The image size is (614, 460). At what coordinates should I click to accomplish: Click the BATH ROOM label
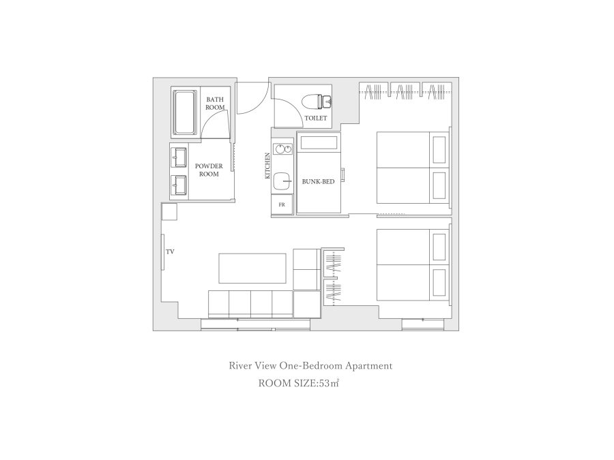click(215, 104)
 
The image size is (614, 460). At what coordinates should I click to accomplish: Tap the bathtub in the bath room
click(185, 112)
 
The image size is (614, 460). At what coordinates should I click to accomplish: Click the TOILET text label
click(316, 118)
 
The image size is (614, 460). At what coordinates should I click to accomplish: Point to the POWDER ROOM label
click(209, 170)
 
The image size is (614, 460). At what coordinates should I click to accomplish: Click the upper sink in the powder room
click(179, 157)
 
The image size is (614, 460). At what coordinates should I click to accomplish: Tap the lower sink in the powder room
click(179, 185)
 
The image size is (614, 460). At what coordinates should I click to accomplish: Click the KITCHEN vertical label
click(267, 166)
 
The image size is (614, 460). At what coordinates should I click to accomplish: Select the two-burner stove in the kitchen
click(282, 149)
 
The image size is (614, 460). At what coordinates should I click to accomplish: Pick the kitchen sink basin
click(282, 181)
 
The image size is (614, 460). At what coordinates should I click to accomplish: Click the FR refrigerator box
click(282, 204)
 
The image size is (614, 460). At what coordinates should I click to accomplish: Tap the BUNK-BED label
click(318, 181)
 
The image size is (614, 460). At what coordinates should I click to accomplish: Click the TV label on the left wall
click(170, 251)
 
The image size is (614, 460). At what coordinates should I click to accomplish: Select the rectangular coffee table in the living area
click(252, 269)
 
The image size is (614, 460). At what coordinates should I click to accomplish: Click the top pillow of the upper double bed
click(439, 150)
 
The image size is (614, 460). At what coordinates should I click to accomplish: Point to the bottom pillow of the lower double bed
click(439, 283)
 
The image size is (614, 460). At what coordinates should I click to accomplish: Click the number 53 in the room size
click(324, 383)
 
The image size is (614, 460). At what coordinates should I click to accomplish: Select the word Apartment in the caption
click(369, 366)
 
